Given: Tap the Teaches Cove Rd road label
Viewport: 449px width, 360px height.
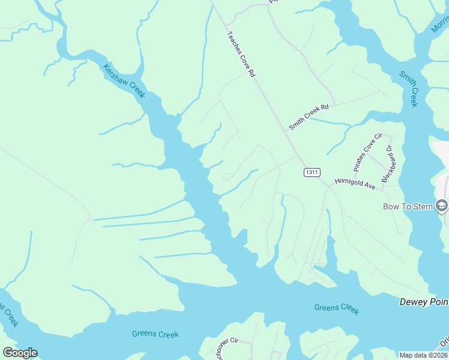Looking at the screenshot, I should tap(241, 54).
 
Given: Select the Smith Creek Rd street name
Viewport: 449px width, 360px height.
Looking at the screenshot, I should tap(309, 116).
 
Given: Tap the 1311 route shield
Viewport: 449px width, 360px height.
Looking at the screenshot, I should tap(312, 172).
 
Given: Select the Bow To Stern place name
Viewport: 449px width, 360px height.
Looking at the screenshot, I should tap(408, 206).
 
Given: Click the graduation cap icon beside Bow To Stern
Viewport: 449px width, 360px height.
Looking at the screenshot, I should tap(442, 206).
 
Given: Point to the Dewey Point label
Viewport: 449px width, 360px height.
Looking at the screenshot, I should tap(424, 302).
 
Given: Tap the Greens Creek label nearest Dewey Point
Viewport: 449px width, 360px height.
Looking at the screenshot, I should tap(336, 309).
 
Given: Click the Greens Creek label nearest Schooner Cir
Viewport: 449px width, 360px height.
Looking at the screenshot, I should tap(155, 334).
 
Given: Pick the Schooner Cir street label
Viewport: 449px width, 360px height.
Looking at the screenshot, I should tap(226, 347).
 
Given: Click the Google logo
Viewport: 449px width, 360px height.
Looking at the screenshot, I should tap(20, 353).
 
